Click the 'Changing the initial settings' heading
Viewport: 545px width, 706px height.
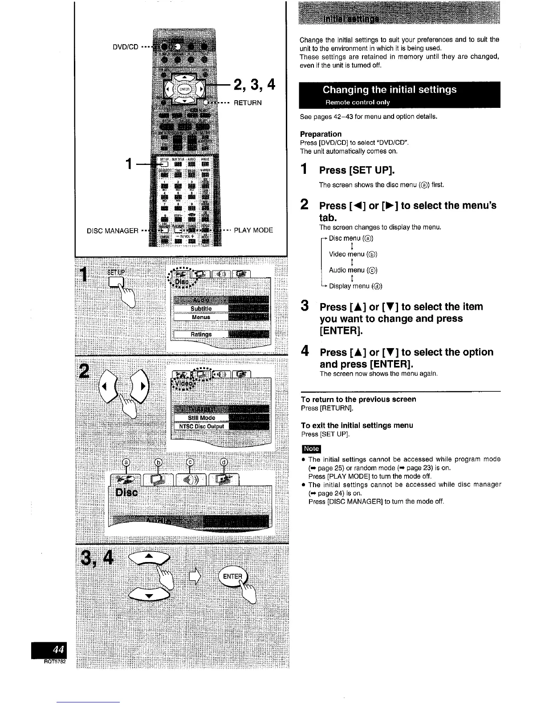(389, 90)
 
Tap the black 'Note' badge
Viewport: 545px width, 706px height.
(311, 448)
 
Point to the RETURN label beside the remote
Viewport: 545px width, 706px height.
(248, 103)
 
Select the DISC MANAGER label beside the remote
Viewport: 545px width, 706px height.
(112, 230)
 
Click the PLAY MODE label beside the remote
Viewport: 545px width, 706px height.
(253, 230)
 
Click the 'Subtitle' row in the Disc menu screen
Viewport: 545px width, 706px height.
(201, 308)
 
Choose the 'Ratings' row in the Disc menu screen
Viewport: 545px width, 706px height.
(201, 334)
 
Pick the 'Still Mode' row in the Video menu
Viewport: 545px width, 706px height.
(201, 418)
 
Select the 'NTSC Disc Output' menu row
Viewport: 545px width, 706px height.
(201, 426)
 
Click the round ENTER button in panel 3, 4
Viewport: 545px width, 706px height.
(232, 576)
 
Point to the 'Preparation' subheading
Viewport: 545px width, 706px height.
(321, 134)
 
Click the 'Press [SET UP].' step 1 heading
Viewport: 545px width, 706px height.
(356, 170)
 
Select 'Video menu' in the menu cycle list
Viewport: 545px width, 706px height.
(353, 254)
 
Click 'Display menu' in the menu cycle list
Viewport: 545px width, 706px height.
(355, 286)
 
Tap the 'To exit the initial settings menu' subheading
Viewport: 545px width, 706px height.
(357, 425)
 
